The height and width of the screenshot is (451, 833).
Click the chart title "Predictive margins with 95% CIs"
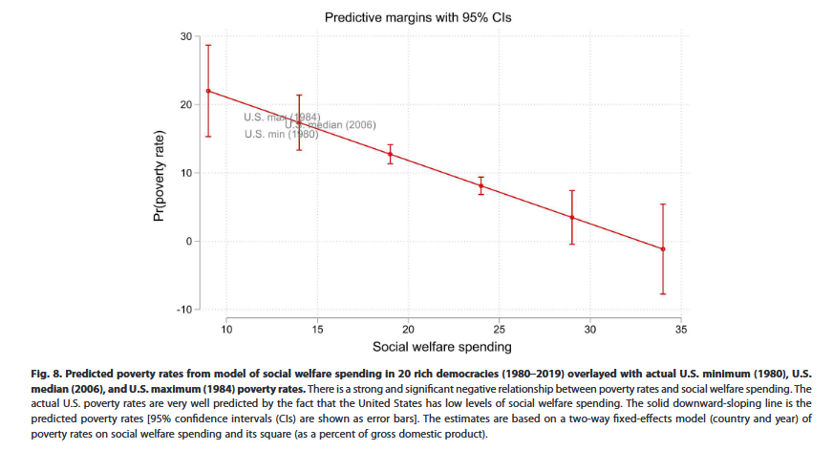click(419, 17)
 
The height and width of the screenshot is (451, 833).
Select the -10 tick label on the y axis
click(182, 310)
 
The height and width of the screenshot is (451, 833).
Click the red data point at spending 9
click(208, 91)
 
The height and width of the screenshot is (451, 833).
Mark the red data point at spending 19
click(390, 154)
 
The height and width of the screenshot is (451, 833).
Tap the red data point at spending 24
click(481, 186)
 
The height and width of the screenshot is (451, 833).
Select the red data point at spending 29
click(571, 217)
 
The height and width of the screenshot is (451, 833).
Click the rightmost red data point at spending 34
click(662, 249)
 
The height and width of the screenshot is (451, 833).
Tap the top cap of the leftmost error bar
click(208, 45)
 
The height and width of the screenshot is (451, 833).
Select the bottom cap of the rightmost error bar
click(662, 293)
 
